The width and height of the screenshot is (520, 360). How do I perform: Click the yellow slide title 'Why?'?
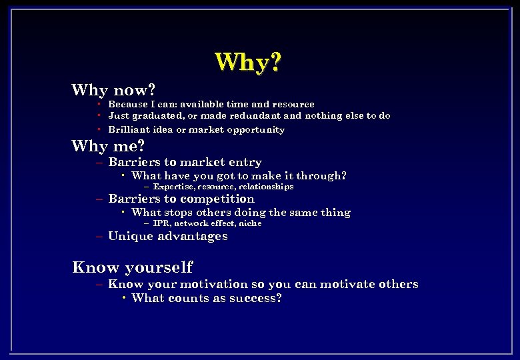tap(248, 62)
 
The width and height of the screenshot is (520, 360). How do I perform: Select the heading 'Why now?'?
tap(113, 89)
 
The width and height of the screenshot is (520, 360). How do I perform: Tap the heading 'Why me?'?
tap(108, 145)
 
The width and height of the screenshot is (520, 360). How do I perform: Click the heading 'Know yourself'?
tap(132, 267)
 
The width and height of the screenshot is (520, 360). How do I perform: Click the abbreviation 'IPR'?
tap(161, 223)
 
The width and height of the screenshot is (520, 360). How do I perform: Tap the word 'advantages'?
tap(197, 236)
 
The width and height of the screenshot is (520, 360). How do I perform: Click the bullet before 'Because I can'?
tap(98, 104)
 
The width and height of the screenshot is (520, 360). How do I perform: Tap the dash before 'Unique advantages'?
tap(99, 236)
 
